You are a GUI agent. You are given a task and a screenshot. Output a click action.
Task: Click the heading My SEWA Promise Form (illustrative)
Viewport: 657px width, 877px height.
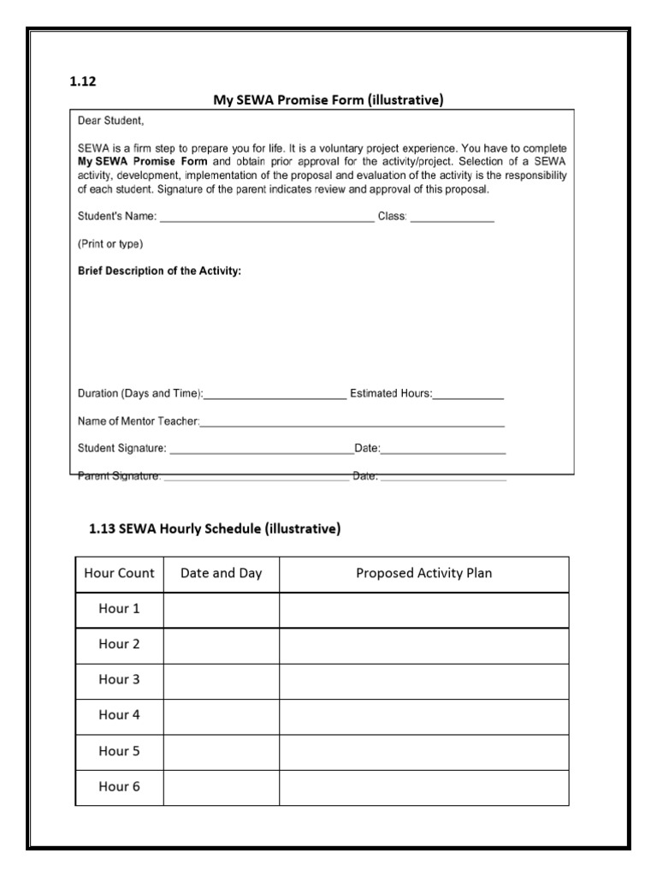click(x=328, y=100)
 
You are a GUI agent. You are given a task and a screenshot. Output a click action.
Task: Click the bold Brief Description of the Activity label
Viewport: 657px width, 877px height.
click(x=159, y=271)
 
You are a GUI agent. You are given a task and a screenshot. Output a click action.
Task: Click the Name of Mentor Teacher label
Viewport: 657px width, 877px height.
click(x=139, y=421)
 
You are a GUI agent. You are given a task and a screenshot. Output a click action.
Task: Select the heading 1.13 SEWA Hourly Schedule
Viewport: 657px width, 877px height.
click(x=215, y=529)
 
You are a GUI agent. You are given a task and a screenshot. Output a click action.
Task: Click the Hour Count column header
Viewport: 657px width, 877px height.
click(x=120, y=574)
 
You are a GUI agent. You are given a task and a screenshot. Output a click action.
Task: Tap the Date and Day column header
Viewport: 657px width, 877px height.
click(x=221, y=574)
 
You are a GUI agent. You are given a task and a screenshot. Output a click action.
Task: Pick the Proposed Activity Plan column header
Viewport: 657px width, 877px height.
click(x=423, y=574)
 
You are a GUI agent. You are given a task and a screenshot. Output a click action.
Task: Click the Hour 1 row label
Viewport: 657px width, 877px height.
click(x=120, y=609)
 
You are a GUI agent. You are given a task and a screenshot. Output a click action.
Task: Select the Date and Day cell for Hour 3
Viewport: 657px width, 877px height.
click(x=221, y=680)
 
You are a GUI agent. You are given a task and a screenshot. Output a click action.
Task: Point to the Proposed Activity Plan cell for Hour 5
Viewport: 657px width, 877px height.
click(x=423, y=751)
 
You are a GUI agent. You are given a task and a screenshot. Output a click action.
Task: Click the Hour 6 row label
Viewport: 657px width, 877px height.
click(x=120, y=786)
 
